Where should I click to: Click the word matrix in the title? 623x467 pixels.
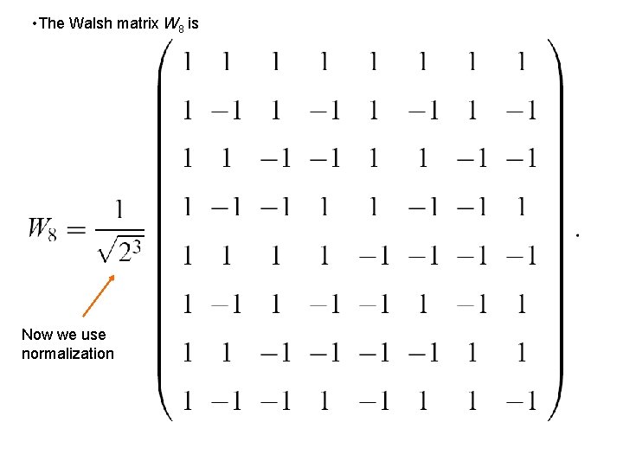click(x=135, y=23)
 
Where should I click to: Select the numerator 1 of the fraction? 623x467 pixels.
click(x=119, y=210)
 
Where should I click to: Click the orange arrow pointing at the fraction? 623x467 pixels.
click(x=97, y=297)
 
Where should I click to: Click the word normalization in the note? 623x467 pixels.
click(x=67, y=354)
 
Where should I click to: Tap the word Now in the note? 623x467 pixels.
click(x=37, y=335)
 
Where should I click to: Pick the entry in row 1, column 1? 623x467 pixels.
click(x=187, y=62)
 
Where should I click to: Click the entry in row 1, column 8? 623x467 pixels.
click(x=522, y=62)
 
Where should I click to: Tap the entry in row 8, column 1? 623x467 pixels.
click(x=187, y=401)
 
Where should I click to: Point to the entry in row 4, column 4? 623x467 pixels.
click(x=323, y=208)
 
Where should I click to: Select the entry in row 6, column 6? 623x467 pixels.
click(x=424, y=304)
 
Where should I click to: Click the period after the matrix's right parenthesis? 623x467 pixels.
click(x=577, y=234)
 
